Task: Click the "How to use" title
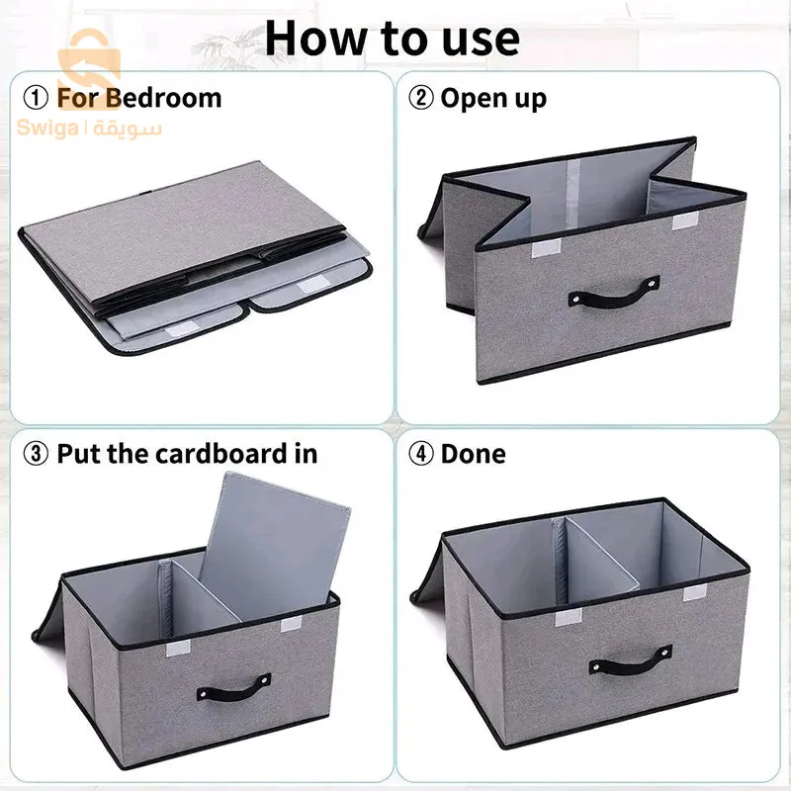393,39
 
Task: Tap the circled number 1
37,98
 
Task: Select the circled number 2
421,98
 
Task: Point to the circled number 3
37,453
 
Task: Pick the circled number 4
421,453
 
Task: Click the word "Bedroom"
164,98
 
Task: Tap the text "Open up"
493,99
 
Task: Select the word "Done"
474,454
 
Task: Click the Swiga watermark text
89,129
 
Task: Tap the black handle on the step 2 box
614,292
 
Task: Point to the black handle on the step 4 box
631,660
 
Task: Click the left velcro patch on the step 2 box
547,249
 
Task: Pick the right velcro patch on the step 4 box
695,593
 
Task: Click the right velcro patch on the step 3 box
291,625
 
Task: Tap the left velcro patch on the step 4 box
569,617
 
